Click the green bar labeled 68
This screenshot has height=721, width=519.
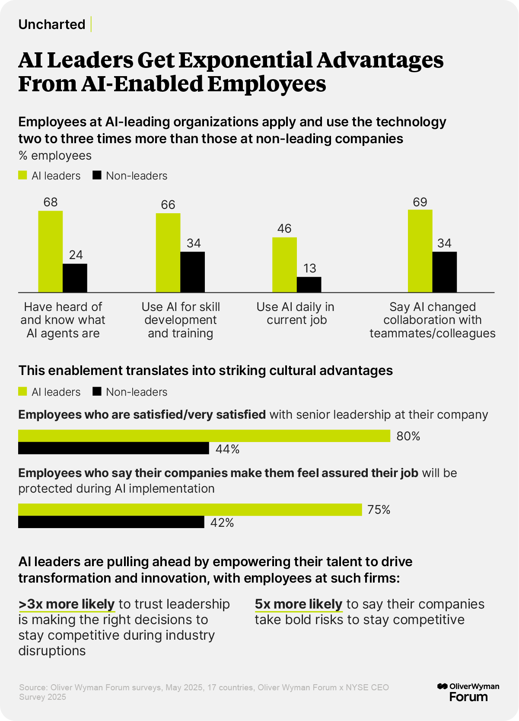coord(51,251)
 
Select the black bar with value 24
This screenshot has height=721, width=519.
coord(75,278)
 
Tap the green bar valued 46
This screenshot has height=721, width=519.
coord(284,265)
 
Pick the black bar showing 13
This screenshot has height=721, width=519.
coord(309,285)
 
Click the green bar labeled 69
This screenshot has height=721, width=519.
coord(420,251)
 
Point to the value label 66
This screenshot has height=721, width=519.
coord(168,205)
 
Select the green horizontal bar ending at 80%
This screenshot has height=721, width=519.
coord(204,436)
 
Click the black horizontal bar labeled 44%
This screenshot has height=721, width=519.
coord(114,448)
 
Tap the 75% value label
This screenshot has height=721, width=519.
coord(379,510)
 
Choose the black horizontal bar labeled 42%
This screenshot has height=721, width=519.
coord(111,522)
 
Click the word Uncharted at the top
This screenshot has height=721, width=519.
coord(52,24)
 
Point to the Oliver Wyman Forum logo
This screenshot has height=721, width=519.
coord(468,692)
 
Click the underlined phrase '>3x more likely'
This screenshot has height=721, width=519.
coord(67,604)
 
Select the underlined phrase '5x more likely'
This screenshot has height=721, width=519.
coord(299,604)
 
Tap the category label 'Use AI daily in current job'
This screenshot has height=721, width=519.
coord(296,313)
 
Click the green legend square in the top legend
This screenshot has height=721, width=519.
coord(22,175)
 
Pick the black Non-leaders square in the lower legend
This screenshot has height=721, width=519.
coord(97,391)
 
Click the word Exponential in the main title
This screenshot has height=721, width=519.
coord(245,60)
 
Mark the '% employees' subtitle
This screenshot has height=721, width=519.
coord(55,156)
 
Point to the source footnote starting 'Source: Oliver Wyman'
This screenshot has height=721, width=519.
coord(204,692)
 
